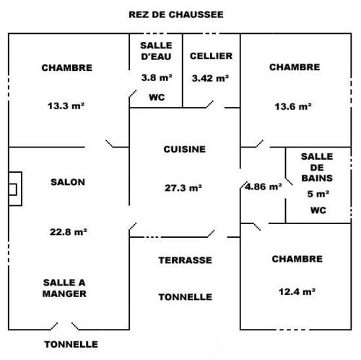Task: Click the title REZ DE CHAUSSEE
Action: coord(176,14)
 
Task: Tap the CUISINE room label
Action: coord(185,149)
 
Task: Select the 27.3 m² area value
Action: coord(183,188)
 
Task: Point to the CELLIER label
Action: coord(211,56)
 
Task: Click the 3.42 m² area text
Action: coord(210,78)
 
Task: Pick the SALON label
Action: coord(68,182)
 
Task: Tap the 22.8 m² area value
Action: coord(68,232)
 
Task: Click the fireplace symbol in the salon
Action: coord(15,189)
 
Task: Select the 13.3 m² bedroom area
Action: coord(66,106)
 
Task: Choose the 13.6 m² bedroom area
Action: coord(293,106)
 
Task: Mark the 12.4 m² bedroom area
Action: coord(297,292)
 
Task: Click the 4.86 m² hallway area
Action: coord(264,187)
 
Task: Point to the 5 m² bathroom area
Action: coord(318,194)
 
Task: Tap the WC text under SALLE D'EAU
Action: coord(157,98)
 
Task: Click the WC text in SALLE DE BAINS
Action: coord(318,210)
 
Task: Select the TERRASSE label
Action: coord(185,260)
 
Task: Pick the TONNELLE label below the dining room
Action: coord(71,344)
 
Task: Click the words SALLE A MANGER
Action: coord(64,288)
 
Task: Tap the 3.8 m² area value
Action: coord(157,77)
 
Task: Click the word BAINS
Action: coord(317,178)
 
